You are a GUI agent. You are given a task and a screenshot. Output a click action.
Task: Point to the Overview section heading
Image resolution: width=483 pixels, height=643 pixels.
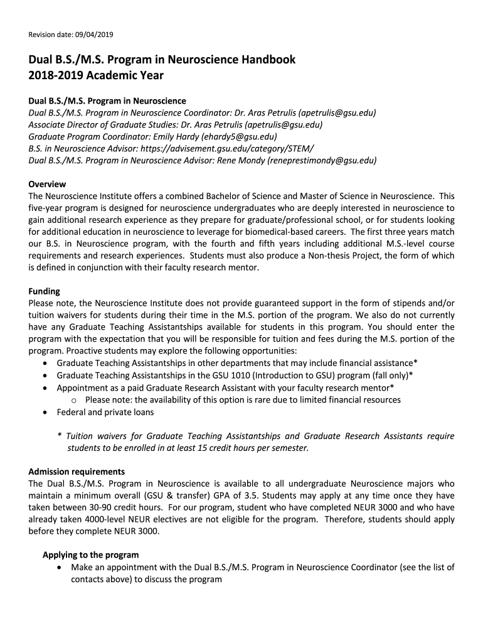click(x=48, y=185)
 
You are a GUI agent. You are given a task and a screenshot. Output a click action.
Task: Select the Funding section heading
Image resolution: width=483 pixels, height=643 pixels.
click(x=45, y=291)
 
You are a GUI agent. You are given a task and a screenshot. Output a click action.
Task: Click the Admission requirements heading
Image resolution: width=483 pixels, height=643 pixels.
click(x=77, y=472)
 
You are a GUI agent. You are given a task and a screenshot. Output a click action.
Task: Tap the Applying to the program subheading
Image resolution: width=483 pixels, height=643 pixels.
click(x=90, y=555)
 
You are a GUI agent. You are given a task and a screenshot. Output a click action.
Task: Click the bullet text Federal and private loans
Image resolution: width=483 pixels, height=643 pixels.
click(x=105, y=413)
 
